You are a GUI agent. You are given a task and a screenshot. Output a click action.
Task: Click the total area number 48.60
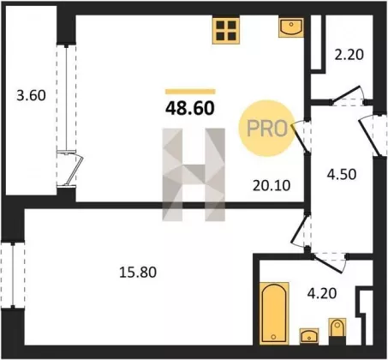190,108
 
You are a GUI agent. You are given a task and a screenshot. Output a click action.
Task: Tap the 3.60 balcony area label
31,95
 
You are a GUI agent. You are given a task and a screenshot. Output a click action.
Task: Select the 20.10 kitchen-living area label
272,185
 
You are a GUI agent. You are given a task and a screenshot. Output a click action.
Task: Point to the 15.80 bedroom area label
138,273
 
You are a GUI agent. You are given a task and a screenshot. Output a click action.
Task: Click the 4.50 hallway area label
342,174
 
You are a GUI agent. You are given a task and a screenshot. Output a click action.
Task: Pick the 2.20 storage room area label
349,55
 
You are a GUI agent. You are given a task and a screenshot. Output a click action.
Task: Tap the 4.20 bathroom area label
322,293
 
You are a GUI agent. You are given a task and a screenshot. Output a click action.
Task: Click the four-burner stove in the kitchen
226,31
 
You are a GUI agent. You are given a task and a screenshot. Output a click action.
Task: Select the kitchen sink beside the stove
291,27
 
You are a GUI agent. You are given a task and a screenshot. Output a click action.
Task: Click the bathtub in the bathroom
274,313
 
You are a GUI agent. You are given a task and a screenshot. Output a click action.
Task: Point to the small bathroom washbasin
309,336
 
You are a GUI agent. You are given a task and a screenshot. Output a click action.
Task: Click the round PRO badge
266,128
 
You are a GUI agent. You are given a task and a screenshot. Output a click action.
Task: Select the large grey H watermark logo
194,175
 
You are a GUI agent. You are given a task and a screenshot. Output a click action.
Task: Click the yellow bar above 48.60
190,92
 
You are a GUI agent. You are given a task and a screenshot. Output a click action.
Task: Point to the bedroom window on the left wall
13,275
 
